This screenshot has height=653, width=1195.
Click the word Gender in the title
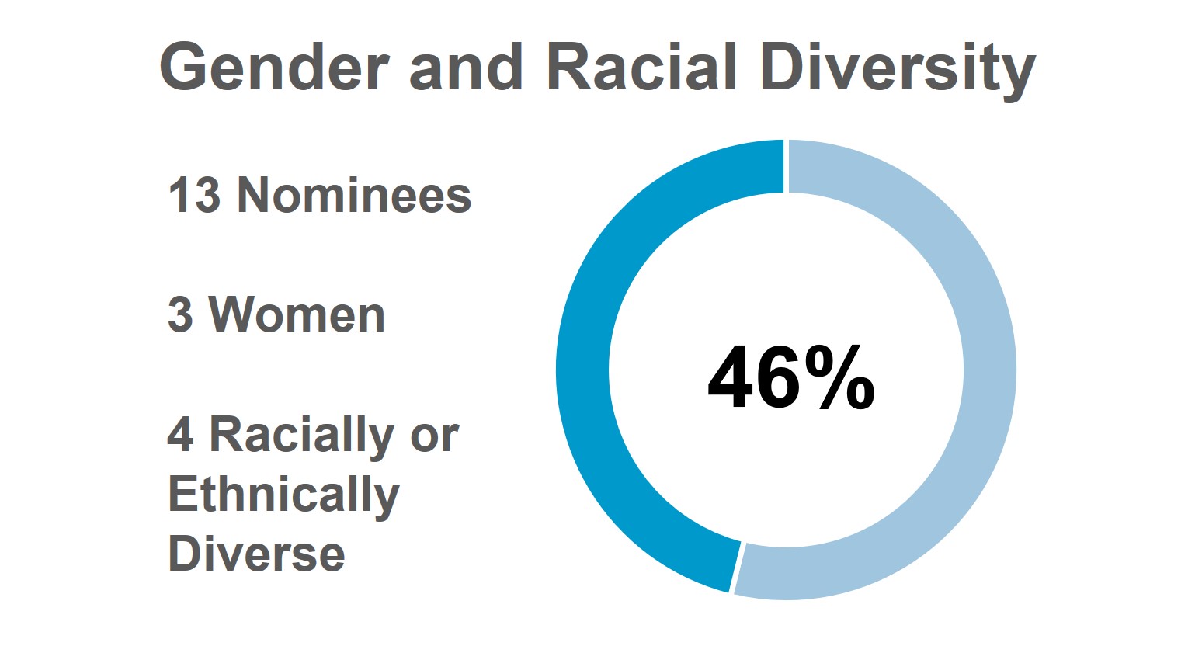[x=274, y=68]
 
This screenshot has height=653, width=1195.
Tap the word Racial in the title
[x=641, y=68]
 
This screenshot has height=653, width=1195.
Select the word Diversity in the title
[x=898, y=68]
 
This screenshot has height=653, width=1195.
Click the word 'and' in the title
[x=465, y=68]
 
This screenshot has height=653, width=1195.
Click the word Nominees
[x=354, y=195]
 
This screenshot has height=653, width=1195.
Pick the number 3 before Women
[x=180, y=315]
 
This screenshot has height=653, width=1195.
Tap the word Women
[x=297, y=315]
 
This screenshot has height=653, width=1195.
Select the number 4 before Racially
[x=180, y=435]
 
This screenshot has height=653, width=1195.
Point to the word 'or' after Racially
[x=434, y=437]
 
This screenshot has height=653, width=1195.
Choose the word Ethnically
[x=283, y=495]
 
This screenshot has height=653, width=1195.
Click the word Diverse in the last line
[x=256, y=554]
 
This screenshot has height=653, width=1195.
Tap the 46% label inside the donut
[x=790, y=378]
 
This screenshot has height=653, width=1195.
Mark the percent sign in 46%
[x=840, y=378]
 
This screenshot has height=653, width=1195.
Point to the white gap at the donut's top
[x=786, y=166]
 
